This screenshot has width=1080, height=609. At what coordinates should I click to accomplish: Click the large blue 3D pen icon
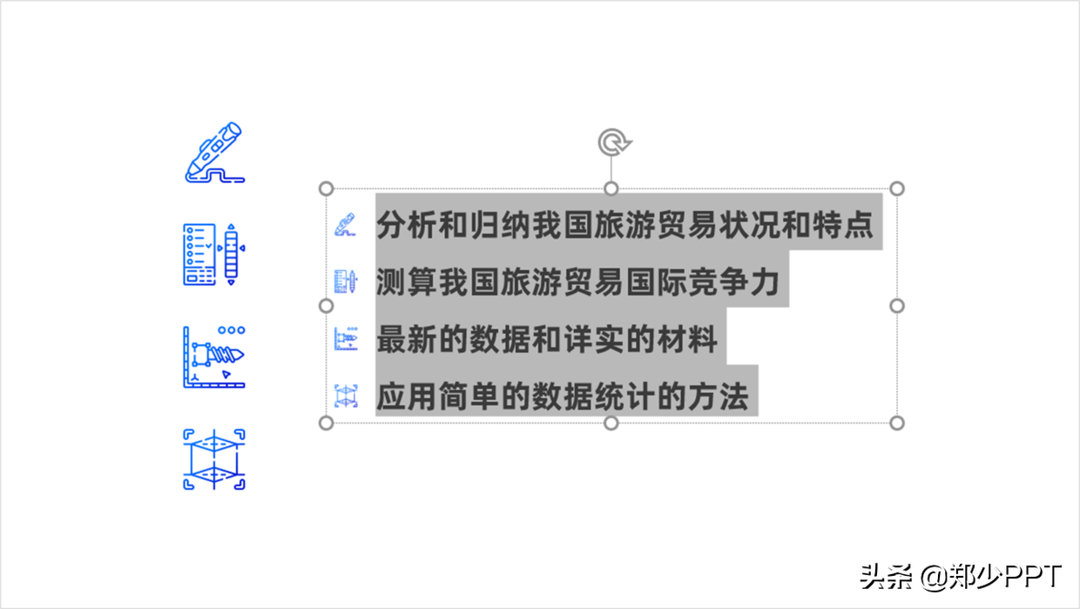click(x=214, y=152)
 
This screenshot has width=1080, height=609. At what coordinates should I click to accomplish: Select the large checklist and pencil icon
click(x=214, y=254)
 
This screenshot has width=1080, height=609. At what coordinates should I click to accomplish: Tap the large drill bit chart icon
click(x=214, y=357)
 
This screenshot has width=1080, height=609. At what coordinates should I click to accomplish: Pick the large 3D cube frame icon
click(x=214, y=459)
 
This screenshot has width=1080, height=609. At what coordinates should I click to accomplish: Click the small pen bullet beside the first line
click(x=345, y=225)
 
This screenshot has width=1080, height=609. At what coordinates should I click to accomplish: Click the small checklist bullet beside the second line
click(x=346, y=281)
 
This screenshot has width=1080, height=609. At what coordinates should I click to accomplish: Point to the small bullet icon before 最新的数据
click(x=346, y=339)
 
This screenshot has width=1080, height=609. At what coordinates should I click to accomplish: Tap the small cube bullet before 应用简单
click(x=346, y=396)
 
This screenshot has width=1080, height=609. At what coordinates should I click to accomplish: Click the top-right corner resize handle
click(x=897, y=188)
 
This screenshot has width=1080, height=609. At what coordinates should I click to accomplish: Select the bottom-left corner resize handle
click(x=327, y=423)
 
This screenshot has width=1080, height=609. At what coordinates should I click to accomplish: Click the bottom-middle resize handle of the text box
click(x=611, y=423)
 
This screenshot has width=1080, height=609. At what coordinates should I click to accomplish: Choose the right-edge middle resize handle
click(x=897, y=306)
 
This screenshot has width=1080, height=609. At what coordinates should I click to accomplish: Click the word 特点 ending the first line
click(x=843, y=225)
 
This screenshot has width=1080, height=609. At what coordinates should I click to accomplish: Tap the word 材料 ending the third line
click(x=687, y=339)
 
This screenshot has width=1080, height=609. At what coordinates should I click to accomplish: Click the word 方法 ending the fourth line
click(x=719, y=396)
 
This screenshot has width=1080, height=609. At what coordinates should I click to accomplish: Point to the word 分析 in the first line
click(x=407, y=225)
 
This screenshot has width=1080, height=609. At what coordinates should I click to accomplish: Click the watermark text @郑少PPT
click(x=991, y=577)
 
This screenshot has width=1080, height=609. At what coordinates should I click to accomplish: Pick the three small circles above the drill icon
click(x=232, y=330)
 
